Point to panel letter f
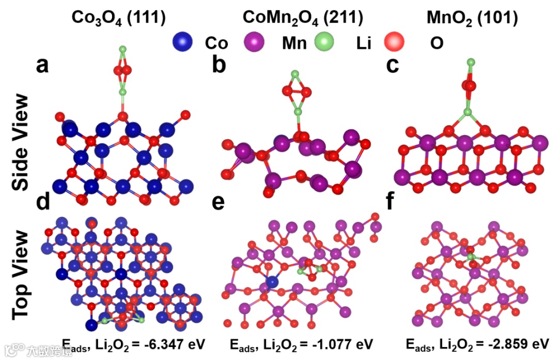click(394, 203)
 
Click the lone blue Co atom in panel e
click(272, 281)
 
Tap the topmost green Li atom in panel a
click(122, 50)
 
